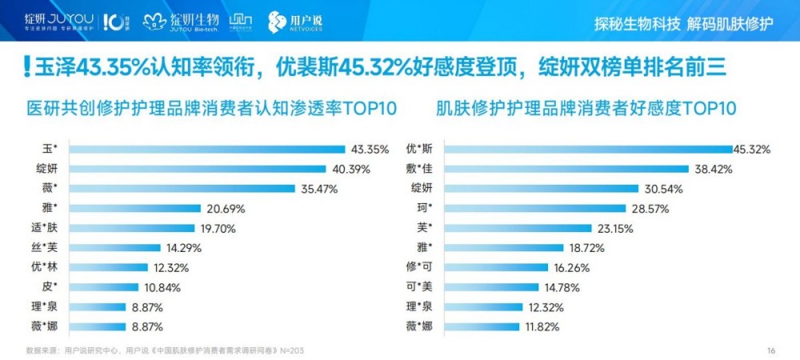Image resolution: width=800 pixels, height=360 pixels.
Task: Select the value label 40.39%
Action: point(350,169)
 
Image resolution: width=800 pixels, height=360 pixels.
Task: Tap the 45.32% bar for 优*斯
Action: point(589,149)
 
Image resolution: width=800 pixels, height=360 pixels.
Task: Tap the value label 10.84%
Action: point(162,287)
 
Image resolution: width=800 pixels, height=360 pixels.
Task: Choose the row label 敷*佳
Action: point(421,169)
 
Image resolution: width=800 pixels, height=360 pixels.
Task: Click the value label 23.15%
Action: point(614,228)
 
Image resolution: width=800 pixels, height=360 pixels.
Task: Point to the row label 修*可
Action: point(421,267)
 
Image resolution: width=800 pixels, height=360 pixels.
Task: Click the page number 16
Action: point(771,350)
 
